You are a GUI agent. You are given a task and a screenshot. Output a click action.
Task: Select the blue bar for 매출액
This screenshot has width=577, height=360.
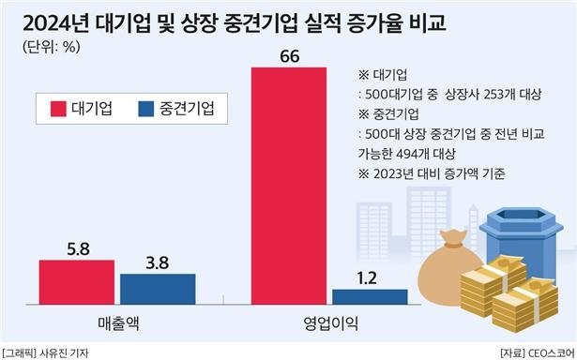[x=157, y=289]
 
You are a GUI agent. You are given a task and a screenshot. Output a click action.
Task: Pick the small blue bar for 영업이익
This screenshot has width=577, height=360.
[x=370, y=296]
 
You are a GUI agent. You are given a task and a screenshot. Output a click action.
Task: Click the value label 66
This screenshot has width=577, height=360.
[x=290, y=56]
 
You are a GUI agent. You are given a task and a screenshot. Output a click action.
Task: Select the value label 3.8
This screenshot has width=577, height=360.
[x=157, y=262]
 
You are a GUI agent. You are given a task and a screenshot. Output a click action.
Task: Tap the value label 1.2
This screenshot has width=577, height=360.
[x=370, y=277]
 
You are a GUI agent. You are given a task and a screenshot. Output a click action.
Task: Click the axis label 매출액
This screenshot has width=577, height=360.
[x=116, y=322]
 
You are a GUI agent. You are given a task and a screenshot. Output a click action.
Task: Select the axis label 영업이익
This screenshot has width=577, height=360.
[x=329, y=322]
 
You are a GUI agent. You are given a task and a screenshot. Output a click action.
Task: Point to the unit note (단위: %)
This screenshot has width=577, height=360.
[x=47, y=47]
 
